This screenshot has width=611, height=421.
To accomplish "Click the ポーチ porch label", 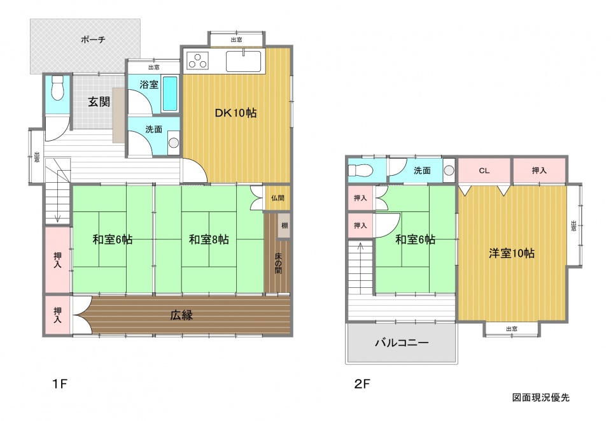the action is coord(93,39).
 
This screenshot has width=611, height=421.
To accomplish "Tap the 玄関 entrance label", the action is coord(99,102).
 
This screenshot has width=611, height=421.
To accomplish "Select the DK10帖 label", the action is coord(235,113).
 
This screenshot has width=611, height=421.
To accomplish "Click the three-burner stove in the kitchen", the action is coord(197,60).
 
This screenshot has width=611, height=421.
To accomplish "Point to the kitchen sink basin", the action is coord(244,61).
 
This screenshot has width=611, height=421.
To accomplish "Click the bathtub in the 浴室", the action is coord(169,94).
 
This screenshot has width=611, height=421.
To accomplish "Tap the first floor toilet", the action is coord(57,88).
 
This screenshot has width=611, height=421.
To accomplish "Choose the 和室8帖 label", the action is coord(209,239).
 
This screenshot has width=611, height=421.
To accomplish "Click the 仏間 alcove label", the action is coord(277,198).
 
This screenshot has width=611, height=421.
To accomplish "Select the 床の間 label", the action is coord(278,263).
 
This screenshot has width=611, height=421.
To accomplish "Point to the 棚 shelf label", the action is coord(284,225).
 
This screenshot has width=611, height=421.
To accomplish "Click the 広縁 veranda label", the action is coord(181,315).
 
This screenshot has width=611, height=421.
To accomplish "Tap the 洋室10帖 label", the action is coord(511,253).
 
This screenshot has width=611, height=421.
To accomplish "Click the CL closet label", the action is coord(484,170).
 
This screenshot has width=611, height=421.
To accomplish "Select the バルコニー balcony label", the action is coord(402,343).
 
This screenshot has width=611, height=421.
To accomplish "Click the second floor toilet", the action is coord(360,170).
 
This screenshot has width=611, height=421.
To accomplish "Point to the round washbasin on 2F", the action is coord(449,170).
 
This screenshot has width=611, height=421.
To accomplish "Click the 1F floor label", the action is coord(60,384).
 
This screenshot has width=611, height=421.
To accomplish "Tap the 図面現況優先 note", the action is coord(540,397).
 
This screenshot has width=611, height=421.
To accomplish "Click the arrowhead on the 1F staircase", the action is coord(58,218).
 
